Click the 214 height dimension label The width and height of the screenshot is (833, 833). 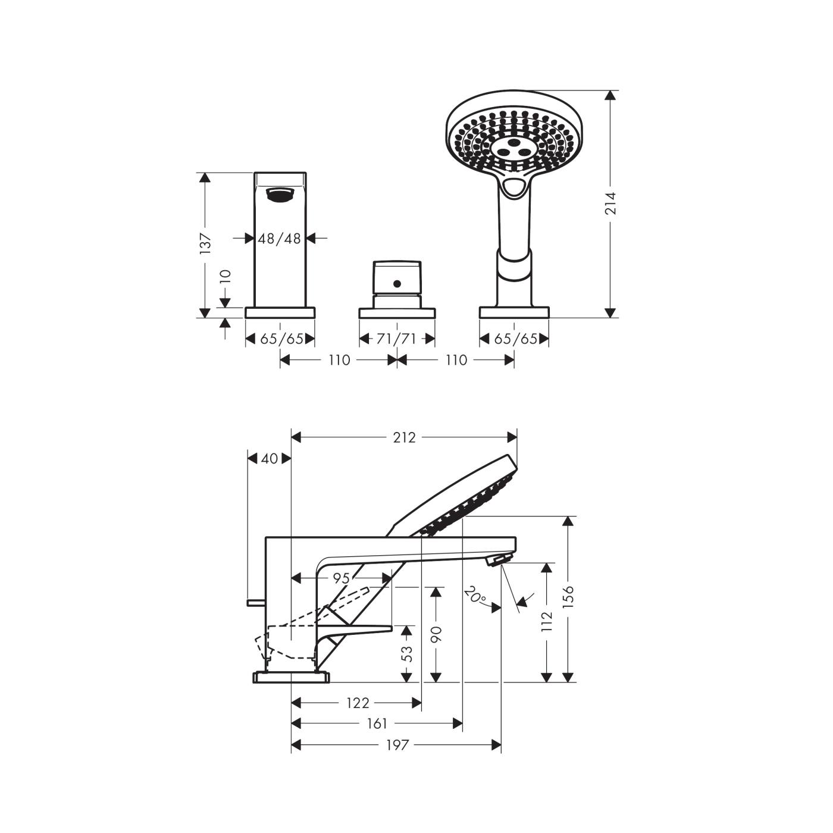[610, 203]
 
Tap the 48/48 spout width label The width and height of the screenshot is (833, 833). [279, 238]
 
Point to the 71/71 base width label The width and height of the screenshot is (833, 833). [396, 339]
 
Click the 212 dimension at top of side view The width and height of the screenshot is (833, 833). [404, 437]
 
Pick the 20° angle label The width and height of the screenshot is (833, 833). [475, 595]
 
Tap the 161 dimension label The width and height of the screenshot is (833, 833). [377, 723]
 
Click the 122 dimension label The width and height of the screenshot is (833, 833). [358, 703]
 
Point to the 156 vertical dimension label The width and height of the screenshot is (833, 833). [568, 597]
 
